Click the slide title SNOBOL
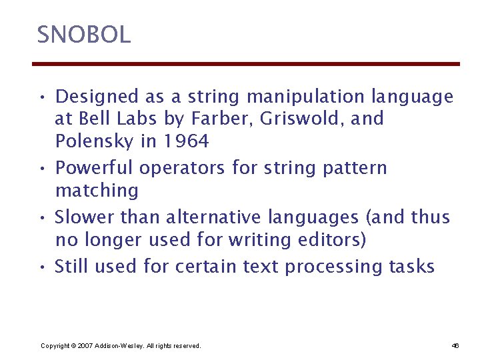(84, 35)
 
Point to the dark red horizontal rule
(246, 64)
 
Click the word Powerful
(95, 167)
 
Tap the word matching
(97, 191)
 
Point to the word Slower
(84, 217)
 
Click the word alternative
(212, 217)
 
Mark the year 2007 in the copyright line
(86, 345)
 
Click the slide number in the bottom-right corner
(455, 345)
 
